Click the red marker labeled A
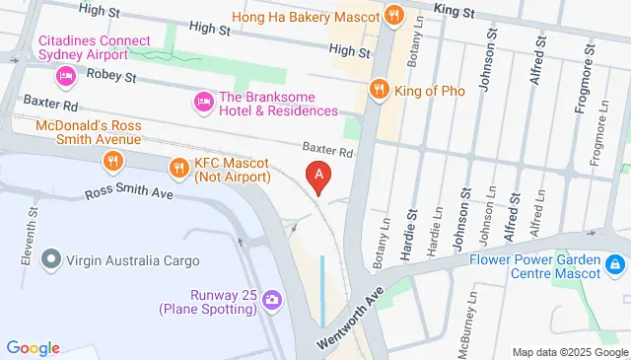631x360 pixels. (x=318, y=177)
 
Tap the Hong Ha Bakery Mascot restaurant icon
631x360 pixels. (x=394, y=16)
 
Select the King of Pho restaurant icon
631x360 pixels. (x=378, y=91)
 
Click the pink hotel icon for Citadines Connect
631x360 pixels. (x=66, y=75)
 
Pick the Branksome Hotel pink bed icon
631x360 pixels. (x=203, y=101)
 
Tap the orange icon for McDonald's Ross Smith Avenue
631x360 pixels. (x=113, y=160)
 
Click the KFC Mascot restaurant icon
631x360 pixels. (x=178, y=168)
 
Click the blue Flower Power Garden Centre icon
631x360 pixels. (x=614, y=264)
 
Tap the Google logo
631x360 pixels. (x=34, y=347)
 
